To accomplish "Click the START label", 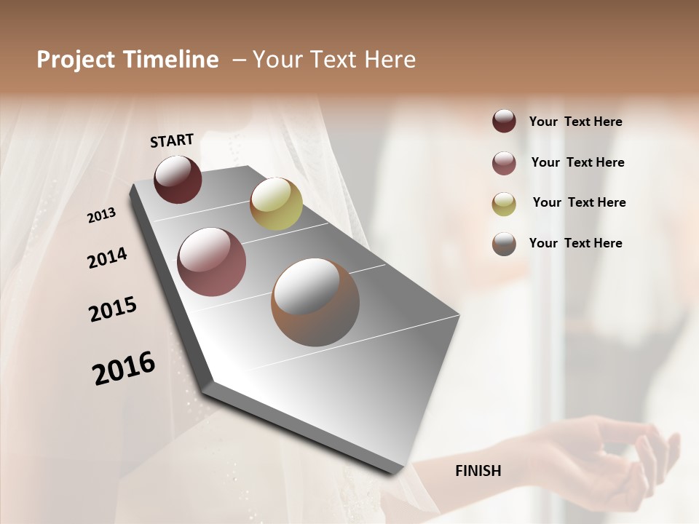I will pyautogui.click(x=172, y=140).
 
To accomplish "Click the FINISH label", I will pyautogui.click(x=478, y=471).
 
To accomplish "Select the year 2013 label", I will pyautogui.click(x=102, y=215).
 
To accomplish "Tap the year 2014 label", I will pyautogui.click(x=107, y=258).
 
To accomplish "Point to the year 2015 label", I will pyautogui.click(x=113, y=309).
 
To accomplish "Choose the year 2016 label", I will pyautogui.click(x=124, y=368).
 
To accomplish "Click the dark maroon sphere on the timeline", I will pyautogui.click(x=178, y=179).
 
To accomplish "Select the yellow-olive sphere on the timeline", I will pyautogui.click(x=276, y=204).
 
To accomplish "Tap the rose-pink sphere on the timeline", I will pyautogui.click(x=211, y=262).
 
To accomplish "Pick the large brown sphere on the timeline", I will pyautogui.click(x=315, y=302).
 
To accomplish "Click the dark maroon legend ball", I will pyautogui.click(x=504, y=121).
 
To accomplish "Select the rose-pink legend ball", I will pyautogui.click(x=504, y=163).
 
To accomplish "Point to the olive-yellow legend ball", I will pyautogui.click(x=504, y=204).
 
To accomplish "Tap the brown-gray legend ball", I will pyautogui.click(x=504, y=244).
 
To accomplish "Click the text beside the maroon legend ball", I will pyautogui.click(x=576, y=122).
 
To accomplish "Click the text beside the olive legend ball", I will pyautogui.click(x=579, y=202).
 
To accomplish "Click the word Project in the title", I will pyautogui.click(x=76, y=60).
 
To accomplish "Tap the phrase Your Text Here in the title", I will pyautogui.click(x=334, y=60).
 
